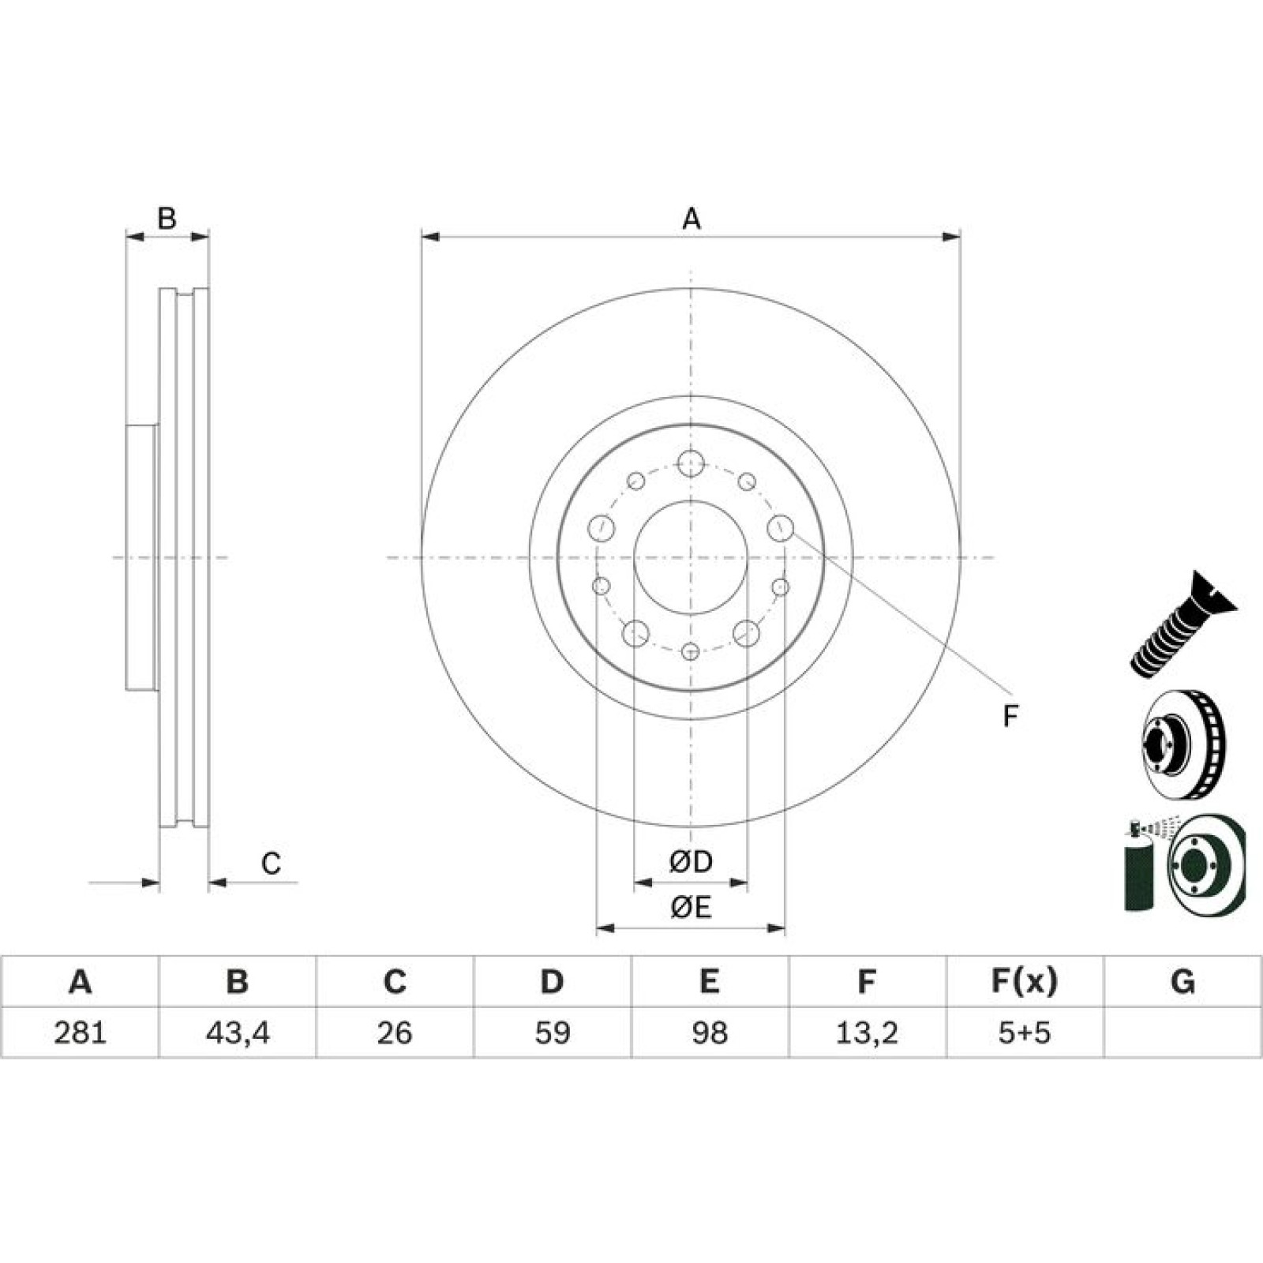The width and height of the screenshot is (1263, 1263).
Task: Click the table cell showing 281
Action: [80, 1033]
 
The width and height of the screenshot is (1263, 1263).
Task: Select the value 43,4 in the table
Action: [238, 1033]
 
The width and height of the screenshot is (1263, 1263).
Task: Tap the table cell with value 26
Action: [395, 1033]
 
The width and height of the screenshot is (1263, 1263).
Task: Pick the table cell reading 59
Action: [553, 1033]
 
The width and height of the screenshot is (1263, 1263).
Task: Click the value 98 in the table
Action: [710, 1033]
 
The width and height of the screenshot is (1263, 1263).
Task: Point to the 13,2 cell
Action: [867, 1033]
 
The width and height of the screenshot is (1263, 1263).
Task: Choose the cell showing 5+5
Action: [1025, 1033]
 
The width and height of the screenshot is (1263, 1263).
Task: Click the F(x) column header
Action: [1025, 982]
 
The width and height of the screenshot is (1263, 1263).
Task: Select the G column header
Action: [1182, 982]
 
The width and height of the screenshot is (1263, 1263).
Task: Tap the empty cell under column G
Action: [1182, 1033]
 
